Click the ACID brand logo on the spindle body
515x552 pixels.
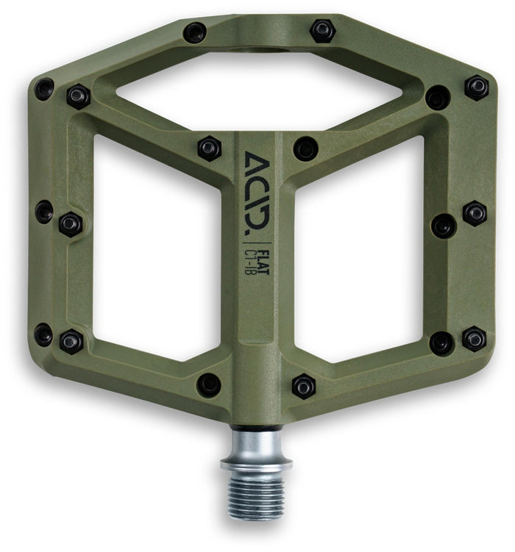(x=257, y=193)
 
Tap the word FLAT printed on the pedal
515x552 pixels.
(x=263, y=262)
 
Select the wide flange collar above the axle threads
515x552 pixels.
(x=256, y=465)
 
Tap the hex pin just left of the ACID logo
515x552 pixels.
(x=209, y=148)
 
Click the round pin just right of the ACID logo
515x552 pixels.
(x=305, y=148)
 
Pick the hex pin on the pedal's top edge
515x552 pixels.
(x=322, y=31)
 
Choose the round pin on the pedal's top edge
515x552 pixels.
(x=195, y=32)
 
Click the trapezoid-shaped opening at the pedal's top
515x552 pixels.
(x=259, y=91)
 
